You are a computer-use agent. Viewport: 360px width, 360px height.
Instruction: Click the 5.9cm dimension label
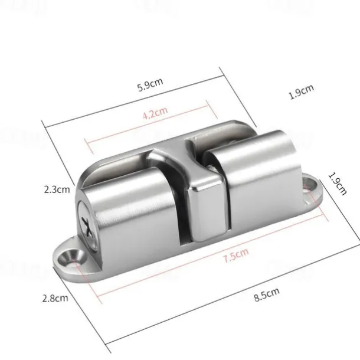click(150, 84)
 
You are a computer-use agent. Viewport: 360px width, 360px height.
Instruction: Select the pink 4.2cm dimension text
click(155, 113)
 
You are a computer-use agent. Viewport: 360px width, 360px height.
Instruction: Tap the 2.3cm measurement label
click(57, 189)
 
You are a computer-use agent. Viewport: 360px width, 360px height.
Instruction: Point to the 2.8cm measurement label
click(55, 298)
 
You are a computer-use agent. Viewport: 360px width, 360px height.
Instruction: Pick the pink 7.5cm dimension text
click(236, 255)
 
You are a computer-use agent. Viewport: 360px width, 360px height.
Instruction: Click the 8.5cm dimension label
click(267, 294)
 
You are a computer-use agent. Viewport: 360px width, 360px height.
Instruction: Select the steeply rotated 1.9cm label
click(338, 184)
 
